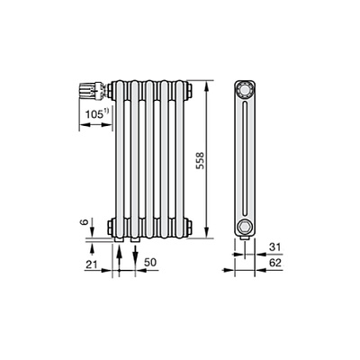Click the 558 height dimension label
click(x=200, y=160)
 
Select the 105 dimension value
click(x=94, y=114)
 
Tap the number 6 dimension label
click(x=85, y=222)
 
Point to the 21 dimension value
click(x=92, y=265)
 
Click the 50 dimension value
click(x=150, y=262)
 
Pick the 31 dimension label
click(x=274, y=247)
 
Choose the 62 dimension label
click(x=275, y=263)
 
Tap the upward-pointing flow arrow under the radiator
click(x=119, y=257)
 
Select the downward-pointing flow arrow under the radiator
click(x=135, y=257)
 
